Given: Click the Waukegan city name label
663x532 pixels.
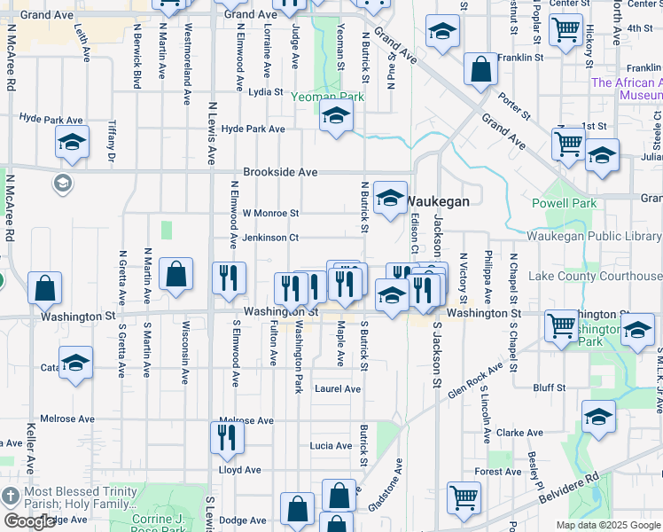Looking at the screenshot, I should [438, 201].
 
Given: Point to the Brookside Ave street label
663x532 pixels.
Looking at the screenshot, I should [280, 173].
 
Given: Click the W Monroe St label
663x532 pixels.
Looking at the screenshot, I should [270, 214].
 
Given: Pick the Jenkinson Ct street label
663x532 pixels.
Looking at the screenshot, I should [270, 238].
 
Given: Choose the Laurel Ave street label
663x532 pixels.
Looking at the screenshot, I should [337, 389].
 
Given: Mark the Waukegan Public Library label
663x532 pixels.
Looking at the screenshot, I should [594, 236].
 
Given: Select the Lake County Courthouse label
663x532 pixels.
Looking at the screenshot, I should [595, 277].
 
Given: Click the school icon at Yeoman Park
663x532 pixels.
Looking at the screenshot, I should [336, 115].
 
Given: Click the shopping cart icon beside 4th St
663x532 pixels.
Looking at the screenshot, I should [565, 29].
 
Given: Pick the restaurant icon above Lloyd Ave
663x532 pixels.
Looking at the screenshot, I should [227, 437].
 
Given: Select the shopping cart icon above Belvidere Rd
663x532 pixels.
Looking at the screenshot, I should [464, 497].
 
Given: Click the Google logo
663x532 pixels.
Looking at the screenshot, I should [29, 521].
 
